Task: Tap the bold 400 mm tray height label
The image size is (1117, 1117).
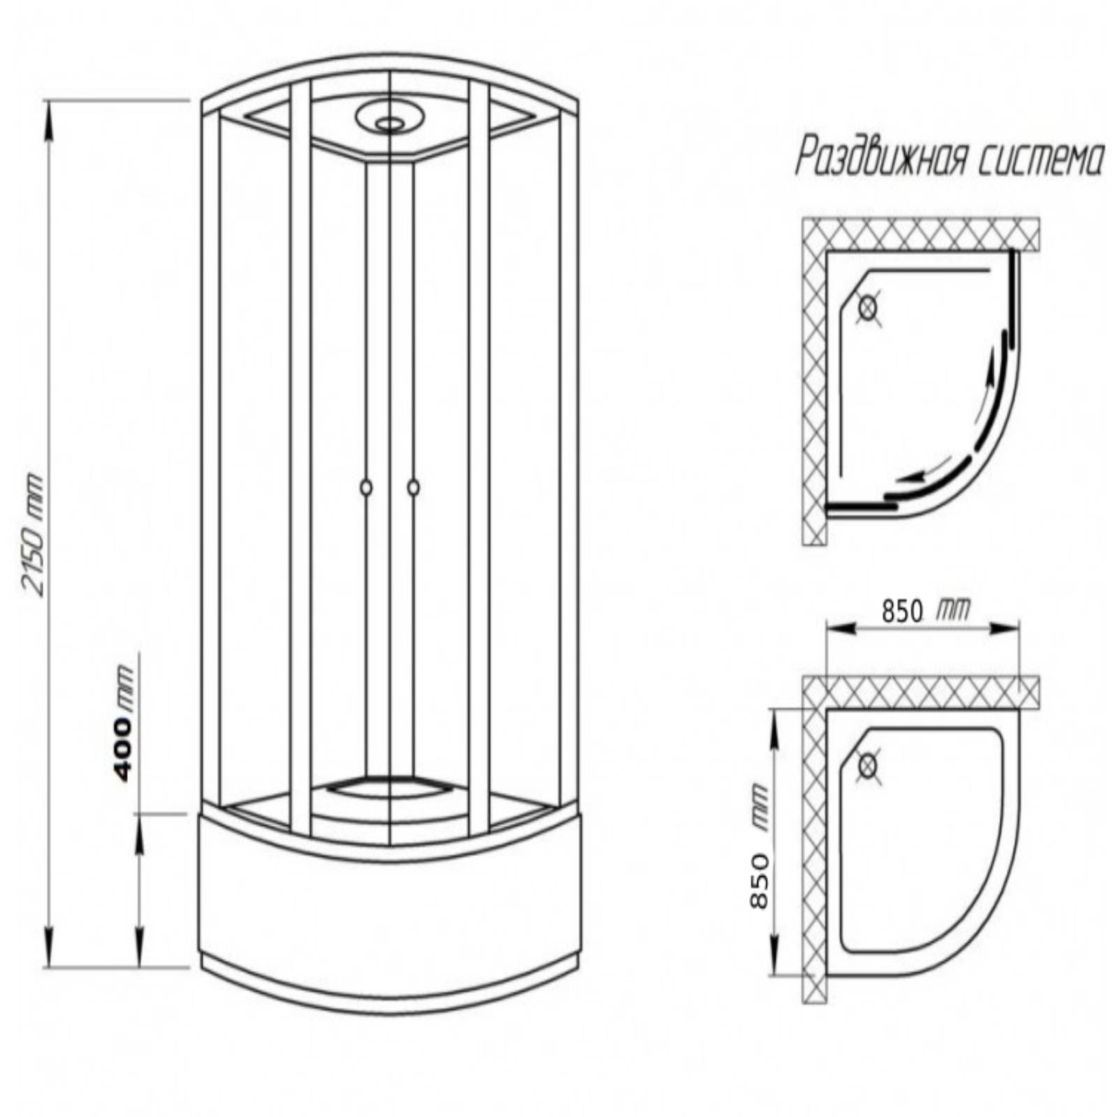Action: click(123, 723)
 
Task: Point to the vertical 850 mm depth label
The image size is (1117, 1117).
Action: click(758, 846)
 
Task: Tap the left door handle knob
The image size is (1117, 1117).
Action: click(367, 487)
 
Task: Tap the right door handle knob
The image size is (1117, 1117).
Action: click(413, 487)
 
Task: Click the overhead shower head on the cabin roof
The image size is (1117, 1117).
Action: click(390, 119)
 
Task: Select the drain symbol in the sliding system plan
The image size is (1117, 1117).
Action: click(868, 307)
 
